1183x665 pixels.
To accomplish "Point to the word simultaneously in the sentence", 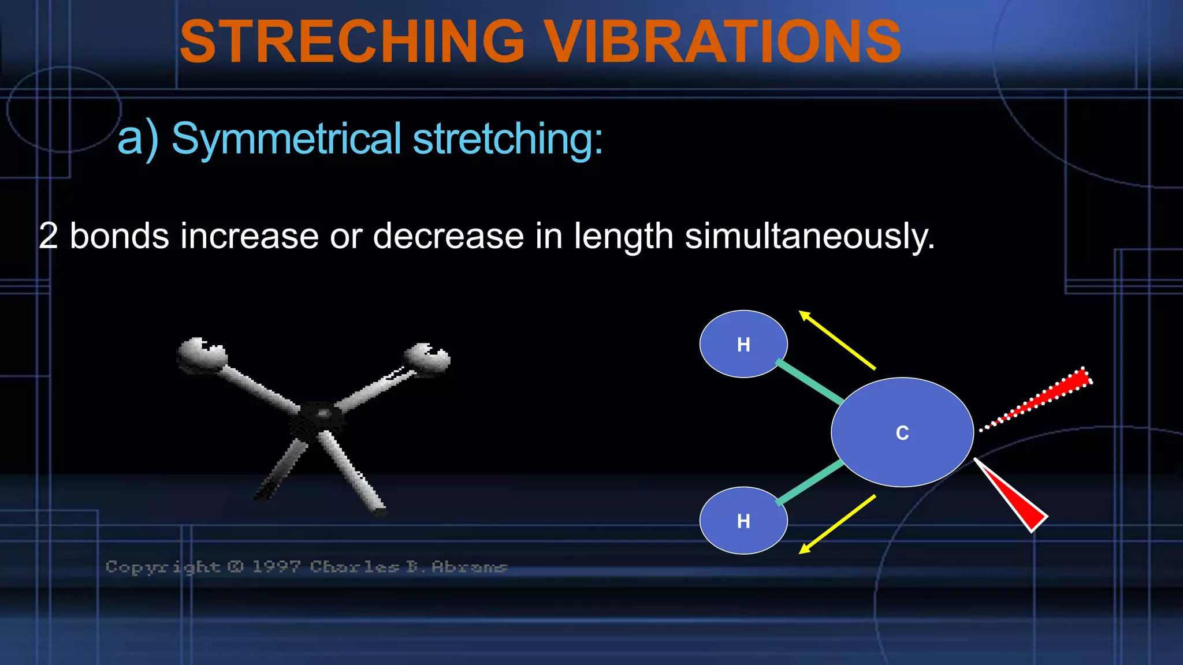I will pyautogui.click(x=809, y=237).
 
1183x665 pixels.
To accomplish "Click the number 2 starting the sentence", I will pyautogui.click(x=49, y=236).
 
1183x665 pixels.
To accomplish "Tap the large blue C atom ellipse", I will pyautogui.click(x=902, y=432).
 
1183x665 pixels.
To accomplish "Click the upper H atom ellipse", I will pyautogui.click(x=743, y=344).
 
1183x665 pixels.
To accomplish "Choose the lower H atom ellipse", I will pyautogui.click(x=743, y=521).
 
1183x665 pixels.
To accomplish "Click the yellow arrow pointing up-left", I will pyautogui.click(x=837, y=340).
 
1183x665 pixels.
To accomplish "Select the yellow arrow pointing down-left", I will pyautogui.click(x=837, y=524).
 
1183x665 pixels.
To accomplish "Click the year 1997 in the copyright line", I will pyautogui.click(x=276, y=567).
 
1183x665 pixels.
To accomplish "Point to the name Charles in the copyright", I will pyautogui.click(x=354, y=567).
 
